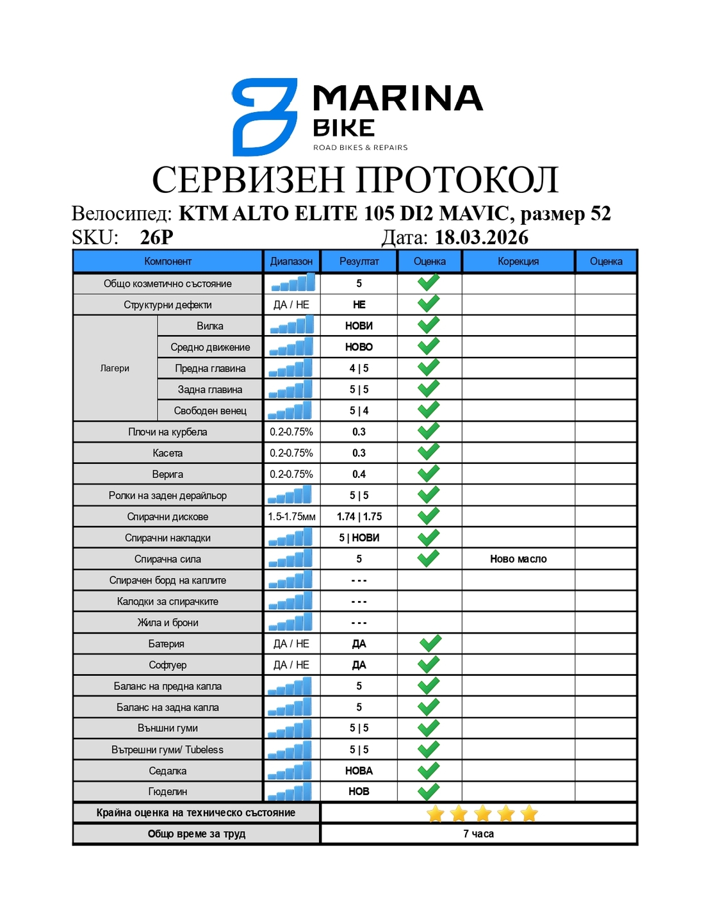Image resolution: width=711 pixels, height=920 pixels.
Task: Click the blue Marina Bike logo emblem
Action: tap(264, 117)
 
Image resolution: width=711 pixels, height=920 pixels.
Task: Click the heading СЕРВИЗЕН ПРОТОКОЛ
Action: tap(355, 179)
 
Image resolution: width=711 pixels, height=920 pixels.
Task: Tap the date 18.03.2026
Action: tap(482, 238)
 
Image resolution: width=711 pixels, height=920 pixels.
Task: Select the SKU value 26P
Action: tap(156, 238)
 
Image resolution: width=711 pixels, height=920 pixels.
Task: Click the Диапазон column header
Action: tap(291, 261)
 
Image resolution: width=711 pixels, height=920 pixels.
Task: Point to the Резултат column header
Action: tap(359, 261)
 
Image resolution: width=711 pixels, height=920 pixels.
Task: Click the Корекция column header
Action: tap(518, 261)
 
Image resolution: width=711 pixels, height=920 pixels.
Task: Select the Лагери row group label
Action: tap(115, 368)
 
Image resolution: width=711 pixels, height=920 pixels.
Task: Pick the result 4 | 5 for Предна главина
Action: tap(359, 368)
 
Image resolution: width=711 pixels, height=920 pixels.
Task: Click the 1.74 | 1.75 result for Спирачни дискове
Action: tap(359, 517)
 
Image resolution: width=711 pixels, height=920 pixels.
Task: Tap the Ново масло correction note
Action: tap(518, 559)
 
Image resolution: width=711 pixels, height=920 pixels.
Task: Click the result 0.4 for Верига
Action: tap(359, 475)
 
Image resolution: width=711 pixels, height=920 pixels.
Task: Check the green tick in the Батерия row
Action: tap(430, 643)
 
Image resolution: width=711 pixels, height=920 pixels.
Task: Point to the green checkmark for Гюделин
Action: tap(429, 791)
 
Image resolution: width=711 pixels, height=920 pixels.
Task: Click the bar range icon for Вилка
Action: tap(291, 325)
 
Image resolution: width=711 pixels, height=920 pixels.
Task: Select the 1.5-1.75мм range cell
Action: tap(291, 517)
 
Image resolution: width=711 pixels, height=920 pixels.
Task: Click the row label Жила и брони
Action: tap(168, 623)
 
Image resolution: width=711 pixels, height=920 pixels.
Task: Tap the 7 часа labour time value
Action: tap(478, 834)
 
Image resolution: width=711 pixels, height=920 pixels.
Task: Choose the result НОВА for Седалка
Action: tap(359, 771)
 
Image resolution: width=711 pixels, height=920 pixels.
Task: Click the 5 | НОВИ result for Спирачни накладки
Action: tap(359, 538)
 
